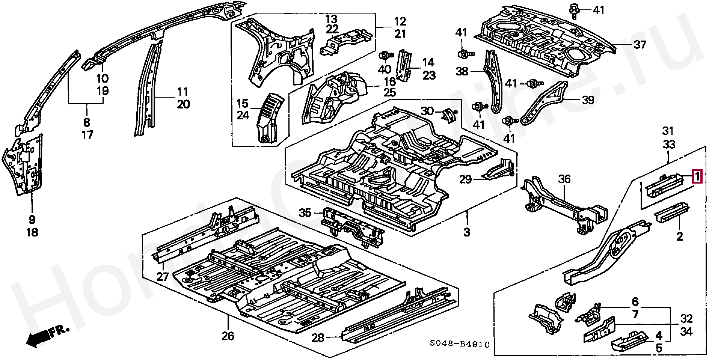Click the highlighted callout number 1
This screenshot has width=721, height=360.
click(697, 176)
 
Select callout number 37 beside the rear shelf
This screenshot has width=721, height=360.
click(640, 45)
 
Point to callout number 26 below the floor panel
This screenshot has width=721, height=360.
click(228, 336)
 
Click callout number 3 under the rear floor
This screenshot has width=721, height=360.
click(466, 232)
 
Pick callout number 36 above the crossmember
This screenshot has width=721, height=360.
click(564, 179)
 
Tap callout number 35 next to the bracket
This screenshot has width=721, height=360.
click(305, 213)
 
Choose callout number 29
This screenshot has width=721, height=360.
click(465, 179)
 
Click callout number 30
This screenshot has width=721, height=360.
click(427, 111)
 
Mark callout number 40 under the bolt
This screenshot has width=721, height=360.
click(385, 69)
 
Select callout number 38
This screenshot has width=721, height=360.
click(462, 71)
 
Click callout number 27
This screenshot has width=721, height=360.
click(162, 277)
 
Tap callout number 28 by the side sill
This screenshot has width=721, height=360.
click(318, 338)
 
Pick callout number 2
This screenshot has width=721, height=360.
click(680, 236)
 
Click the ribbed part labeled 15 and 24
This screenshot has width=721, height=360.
click(270, 116)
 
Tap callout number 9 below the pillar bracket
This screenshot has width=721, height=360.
click(32, 220)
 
